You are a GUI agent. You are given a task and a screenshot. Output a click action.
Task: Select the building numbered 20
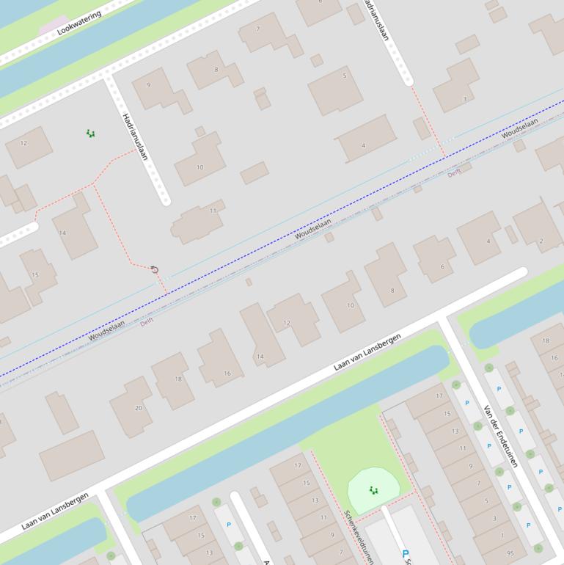tap(139, 408)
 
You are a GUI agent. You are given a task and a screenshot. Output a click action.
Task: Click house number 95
tap(510, 553)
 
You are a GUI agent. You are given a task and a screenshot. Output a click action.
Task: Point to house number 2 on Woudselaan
tap(541, 241)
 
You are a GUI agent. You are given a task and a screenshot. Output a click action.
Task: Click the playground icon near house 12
tap(90, 134)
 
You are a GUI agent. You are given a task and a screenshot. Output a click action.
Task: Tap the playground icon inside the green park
tap(373, 490)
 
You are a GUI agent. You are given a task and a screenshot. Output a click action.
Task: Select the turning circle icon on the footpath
tap(154, 270)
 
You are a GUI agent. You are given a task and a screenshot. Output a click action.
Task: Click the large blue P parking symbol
tap(406, 554)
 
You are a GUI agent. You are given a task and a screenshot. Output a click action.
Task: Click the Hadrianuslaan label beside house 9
tap(136, 136)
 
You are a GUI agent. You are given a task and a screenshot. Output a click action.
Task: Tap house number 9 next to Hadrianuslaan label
tap(149, 85)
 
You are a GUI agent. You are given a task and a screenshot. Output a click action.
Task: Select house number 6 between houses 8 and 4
tap(442, 266)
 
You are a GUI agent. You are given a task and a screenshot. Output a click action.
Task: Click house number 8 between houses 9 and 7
tap(216, 70)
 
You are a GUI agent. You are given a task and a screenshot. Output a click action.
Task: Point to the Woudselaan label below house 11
tap(313, 228)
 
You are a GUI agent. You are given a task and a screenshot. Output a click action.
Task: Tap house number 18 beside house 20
tap(177, 379)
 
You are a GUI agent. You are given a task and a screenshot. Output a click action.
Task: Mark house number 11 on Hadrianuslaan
tap(213, 211)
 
